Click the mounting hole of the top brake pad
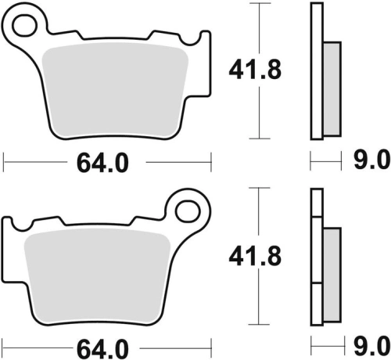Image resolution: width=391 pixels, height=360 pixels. (25, 25)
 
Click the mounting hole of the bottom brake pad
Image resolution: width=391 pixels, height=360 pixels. (188, 211)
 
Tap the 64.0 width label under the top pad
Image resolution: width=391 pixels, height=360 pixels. (102, 164)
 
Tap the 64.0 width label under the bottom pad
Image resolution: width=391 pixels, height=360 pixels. (102, 349)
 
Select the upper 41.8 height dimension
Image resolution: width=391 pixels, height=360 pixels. (255, 70)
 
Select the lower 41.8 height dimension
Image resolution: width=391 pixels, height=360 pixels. (255, 257)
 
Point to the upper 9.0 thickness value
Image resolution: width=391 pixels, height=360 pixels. (371, 160)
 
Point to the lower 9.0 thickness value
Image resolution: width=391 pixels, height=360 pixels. (371, 347)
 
